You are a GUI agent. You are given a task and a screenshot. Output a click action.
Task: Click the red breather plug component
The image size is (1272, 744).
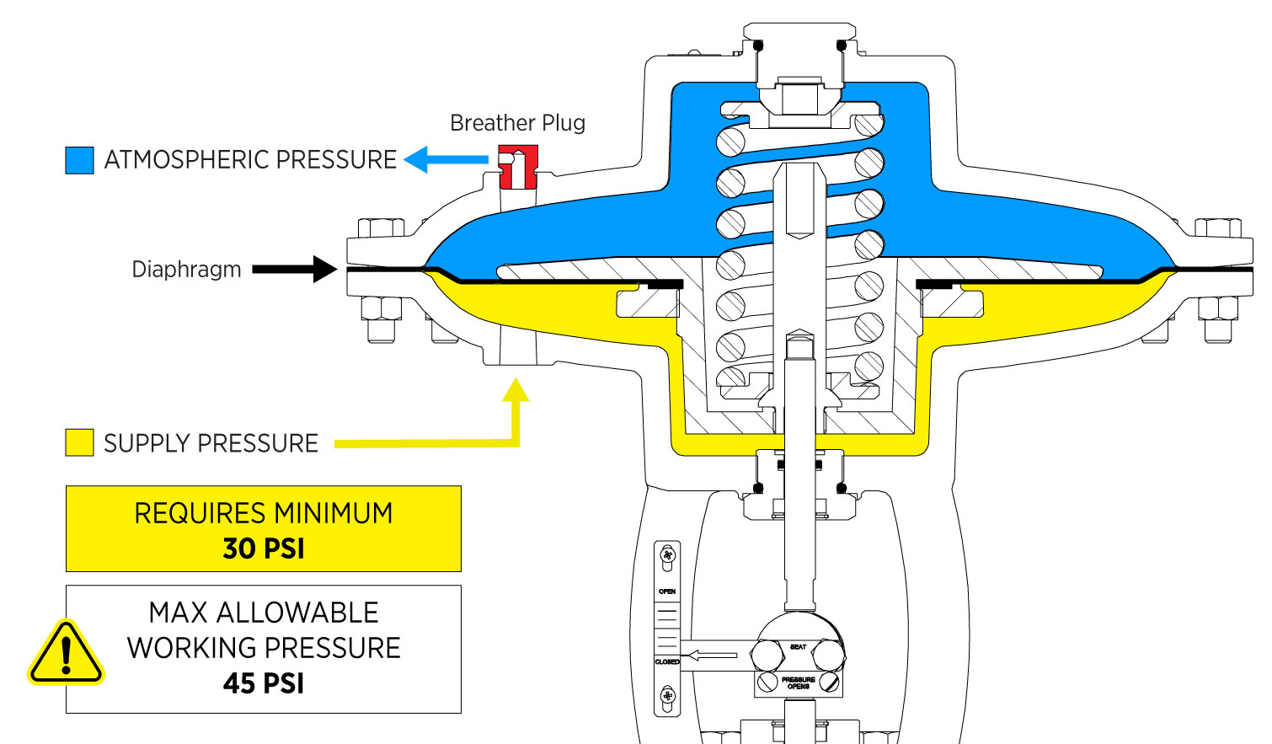517,167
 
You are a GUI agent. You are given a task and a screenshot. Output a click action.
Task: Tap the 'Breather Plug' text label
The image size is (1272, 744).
517,123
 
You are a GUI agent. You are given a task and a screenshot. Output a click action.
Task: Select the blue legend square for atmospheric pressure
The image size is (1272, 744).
79,160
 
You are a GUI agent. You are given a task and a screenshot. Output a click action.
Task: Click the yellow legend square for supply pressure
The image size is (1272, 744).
79,442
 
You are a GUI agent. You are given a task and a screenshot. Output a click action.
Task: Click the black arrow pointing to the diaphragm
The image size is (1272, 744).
295,270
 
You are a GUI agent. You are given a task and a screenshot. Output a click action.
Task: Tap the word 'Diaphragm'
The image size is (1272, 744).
186,270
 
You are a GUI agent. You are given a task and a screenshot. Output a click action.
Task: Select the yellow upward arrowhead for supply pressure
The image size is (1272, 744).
516,390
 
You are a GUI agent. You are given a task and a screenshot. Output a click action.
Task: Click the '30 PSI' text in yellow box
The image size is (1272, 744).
264,549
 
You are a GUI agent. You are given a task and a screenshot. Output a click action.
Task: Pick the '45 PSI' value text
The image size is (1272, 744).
264,683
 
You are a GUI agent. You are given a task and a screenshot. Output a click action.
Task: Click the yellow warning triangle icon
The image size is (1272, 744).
66,654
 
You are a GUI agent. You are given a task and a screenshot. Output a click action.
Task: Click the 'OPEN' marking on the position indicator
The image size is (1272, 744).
667,591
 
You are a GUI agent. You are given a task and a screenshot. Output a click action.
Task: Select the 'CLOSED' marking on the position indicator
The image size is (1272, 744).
667,662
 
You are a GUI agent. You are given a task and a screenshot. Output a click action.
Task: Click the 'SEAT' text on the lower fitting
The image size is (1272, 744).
798,647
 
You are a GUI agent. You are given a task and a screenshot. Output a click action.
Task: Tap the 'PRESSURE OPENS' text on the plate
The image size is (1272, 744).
798,682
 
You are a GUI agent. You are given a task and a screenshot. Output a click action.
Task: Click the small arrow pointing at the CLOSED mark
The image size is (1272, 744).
713,655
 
